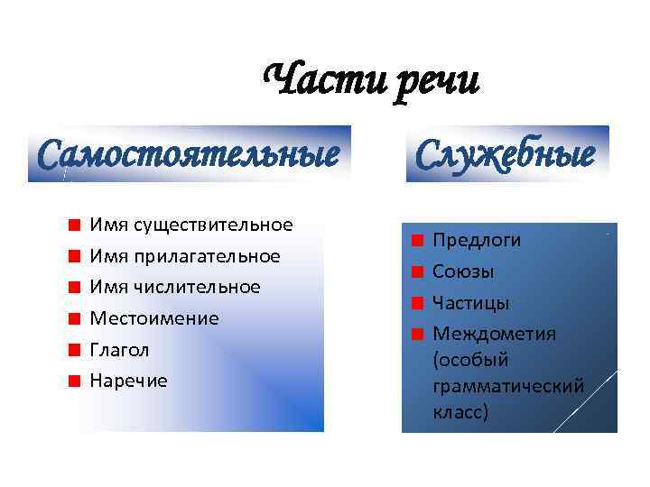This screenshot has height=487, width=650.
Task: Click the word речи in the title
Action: (x=437, y=83)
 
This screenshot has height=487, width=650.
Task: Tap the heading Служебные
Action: (x=506, y=153)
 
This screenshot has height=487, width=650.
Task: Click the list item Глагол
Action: (x=119, y=349)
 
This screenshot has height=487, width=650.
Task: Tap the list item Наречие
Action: (x=128, y=381)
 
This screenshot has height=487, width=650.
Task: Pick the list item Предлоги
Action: (x=477, y=240)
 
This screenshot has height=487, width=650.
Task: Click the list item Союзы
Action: (x=463, y=271)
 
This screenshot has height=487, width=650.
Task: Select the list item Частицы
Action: (x=470, y=302)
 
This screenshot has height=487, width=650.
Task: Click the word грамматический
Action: (x=508, y=386)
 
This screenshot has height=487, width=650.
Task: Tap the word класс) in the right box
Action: (x=460, y=412)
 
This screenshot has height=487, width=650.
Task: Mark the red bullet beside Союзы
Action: (x=416, y=271)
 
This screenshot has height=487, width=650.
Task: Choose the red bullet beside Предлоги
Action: (x=416, y=241)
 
